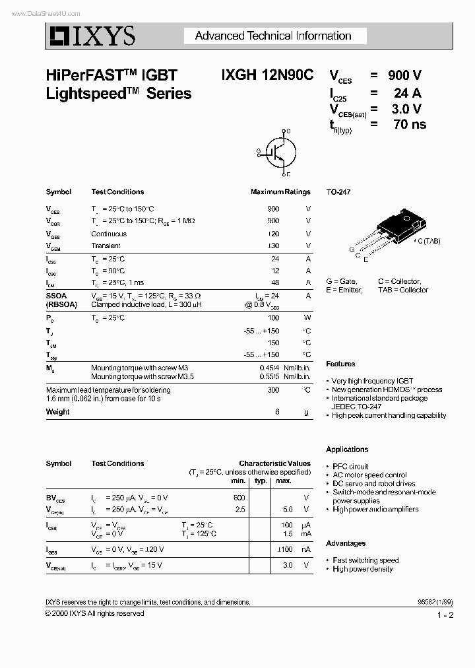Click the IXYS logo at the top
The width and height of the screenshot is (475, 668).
[x=90, y=36]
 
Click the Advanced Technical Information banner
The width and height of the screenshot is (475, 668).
[x=272, y=36]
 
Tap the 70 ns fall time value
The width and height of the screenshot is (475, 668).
[x=409, y=124]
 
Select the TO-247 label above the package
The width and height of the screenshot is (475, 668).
[x=338, y=192]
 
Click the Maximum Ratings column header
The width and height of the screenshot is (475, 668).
[x=280, y=192]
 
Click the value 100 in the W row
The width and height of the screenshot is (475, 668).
[x=273, y=317]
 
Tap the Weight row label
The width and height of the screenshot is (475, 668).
[x=57, y=412]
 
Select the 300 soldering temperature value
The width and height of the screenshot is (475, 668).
[x=273, y=390]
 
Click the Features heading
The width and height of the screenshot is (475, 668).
[x=340, y=364]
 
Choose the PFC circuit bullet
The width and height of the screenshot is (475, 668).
[x=350, y=466]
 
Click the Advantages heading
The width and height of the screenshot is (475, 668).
[x=346, y=543]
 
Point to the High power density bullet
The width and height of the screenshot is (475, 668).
[x=362, y=569]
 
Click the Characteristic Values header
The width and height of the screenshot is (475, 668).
[x=274, y=463]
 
